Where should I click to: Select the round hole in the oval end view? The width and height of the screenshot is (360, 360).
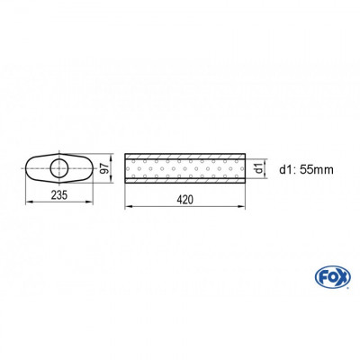(x=59, y=167)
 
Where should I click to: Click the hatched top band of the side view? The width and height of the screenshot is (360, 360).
(x=184, y=154)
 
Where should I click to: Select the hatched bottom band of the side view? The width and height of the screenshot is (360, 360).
(x=184, y=180)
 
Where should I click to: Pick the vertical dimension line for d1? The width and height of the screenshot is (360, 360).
(x=266, y=167)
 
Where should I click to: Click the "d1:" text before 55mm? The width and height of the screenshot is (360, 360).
(x=285, y=167)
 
